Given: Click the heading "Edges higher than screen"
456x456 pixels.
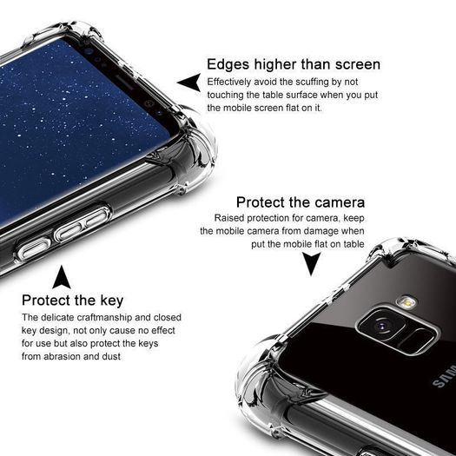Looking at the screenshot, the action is pyautogui.click(x=294, y=64).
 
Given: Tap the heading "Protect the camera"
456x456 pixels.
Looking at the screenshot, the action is pyautogui.click(x=301, y=202).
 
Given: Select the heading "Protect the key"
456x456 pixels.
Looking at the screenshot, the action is pyautogui.click(x=72, y=301).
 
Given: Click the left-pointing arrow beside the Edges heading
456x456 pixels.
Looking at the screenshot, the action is pyautogui.click(x=189, y=83).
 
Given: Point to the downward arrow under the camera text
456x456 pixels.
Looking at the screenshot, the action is pyautogui.click(x=311, y=263).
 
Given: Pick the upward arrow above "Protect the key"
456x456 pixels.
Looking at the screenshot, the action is pyautogui.click(x=62, y=277).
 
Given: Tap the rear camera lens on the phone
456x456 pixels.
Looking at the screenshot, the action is pyautogui.click(x=381, y=325).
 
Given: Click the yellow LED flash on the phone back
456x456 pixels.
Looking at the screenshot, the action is pyautogui.click(x=407, y=302).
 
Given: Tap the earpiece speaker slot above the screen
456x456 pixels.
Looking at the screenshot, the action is pyautogui.click(x=124, y=82).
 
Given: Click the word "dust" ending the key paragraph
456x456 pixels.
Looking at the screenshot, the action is pyautogui.click(x=111, y=356).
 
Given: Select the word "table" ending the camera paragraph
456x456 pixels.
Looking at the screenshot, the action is pyautogui.click(x=354, y=244).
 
